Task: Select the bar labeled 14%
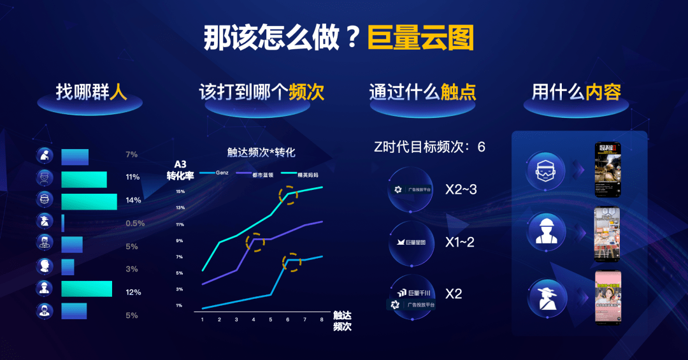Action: click(89, 201)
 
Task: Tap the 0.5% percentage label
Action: click(135, 223)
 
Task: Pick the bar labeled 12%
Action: click(87, 289)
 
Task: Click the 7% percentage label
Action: click(132, 154)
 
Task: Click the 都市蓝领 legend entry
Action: click(257, 173)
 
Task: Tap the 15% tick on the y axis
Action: click(180, 191)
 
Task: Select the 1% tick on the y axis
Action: click(179, 306)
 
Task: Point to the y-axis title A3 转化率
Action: click(180, 170)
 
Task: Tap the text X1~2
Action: click(460, 242)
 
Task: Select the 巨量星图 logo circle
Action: click(411, 242)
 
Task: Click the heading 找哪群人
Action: click(92, 92)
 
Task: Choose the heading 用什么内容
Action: click(577, 92)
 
